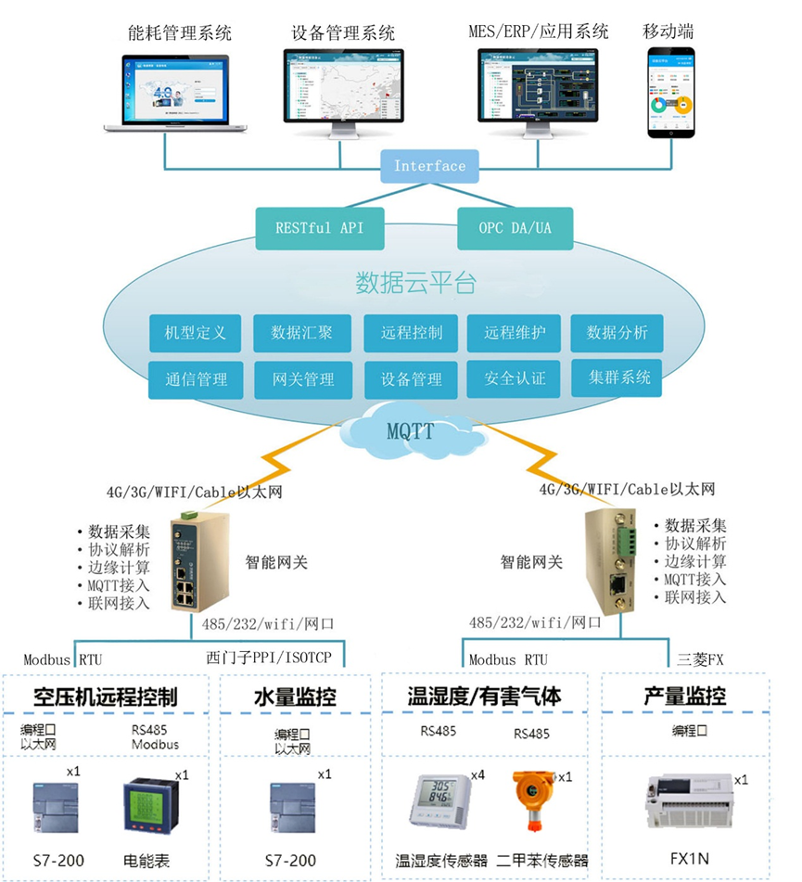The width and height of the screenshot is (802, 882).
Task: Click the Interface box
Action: pos(429,166)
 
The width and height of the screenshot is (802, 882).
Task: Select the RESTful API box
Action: pos(319,227)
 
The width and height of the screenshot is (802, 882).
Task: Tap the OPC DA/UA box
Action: pos(515,227)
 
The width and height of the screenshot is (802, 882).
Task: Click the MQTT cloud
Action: pos(409,430)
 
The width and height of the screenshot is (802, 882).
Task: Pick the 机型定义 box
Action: pos(195,333)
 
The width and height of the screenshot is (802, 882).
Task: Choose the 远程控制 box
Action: pos(411,333)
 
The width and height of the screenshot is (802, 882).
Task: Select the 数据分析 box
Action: pos(617,333)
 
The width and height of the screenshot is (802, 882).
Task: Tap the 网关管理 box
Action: pos(303,379)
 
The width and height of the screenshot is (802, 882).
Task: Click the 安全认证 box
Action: pos(515,378)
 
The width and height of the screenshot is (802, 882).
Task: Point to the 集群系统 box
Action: pos(617,377)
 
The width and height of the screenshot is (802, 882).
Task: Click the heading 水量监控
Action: pos(295,696)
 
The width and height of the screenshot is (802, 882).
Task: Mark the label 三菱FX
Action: pos(700,659)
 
